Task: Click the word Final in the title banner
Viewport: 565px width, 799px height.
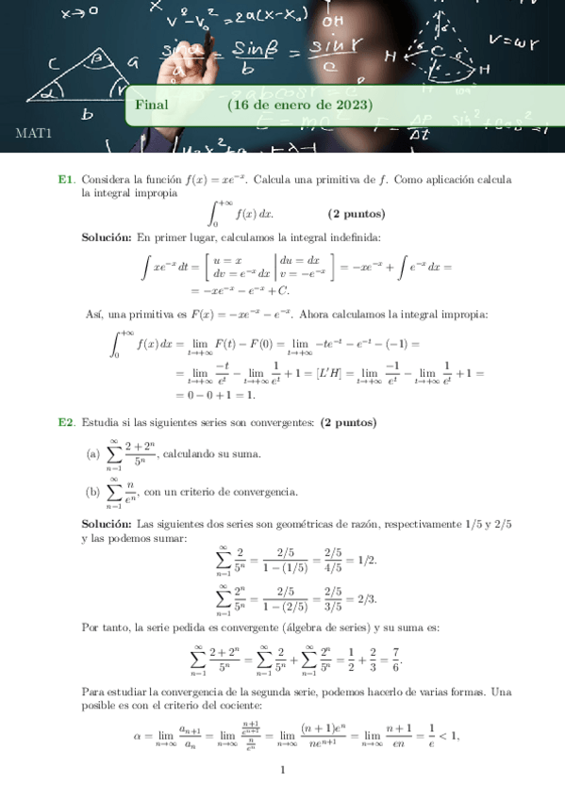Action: tap(151, 104)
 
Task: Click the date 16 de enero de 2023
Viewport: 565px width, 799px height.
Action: tap(300, 104)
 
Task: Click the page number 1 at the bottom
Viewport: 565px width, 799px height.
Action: tap(282, 770)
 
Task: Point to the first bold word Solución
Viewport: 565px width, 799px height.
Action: tap(108, 237)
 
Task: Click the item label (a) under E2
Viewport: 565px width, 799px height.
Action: tap(92, 454)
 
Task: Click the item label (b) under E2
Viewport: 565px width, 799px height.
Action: tap(92, 492)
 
